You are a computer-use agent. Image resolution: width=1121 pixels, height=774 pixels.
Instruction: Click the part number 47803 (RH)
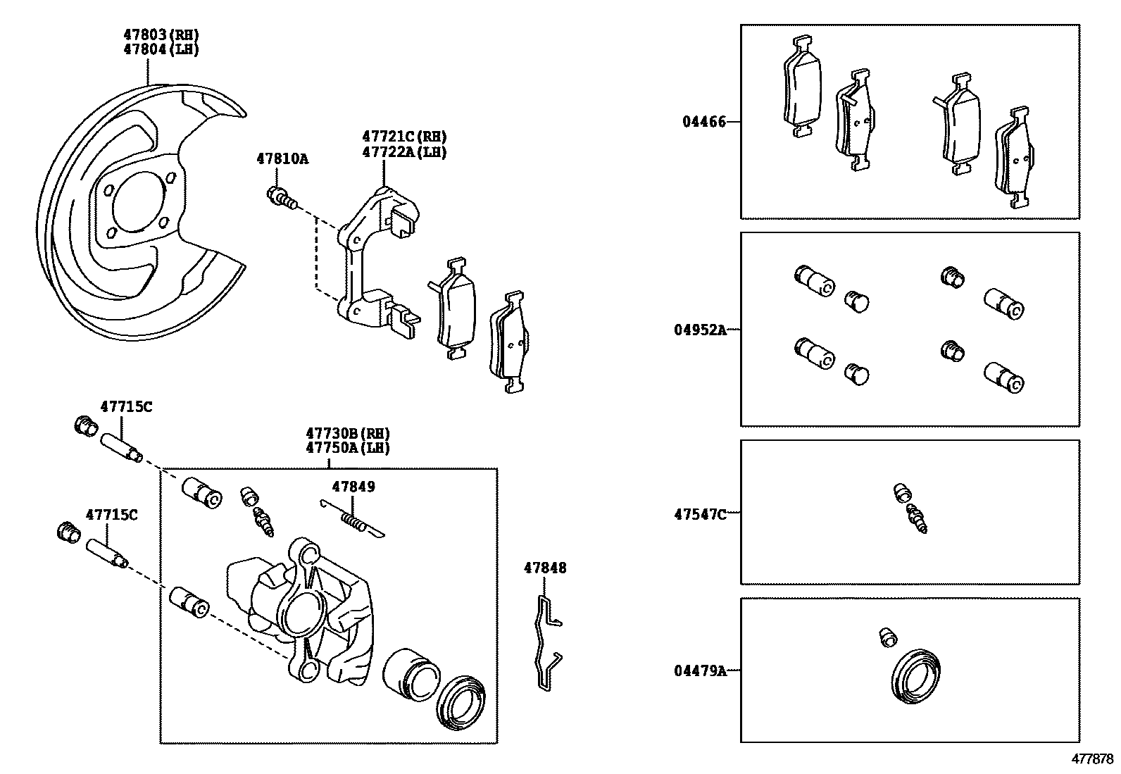pos(161,35)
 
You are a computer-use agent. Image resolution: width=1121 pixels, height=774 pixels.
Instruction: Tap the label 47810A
pos(282,159)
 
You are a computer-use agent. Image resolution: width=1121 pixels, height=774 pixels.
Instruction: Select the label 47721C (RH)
pos(404,137)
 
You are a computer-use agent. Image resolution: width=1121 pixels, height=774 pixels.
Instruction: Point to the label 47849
pos(353,487)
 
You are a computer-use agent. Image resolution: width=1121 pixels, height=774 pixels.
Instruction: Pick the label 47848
pos(545,568)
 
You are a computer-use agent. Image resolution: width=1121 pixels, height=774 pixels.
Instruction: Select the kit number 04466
pos(703,122)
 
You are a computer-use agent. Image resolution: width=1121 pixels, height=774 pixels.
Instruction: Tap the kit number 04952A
pos(700,329)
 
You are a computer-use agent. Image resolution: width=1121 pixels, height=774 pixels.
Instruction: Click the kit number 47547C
pos(700,513)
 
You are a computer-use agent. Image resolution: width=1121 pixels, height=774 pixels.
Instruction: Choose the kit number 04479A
pos(700,670)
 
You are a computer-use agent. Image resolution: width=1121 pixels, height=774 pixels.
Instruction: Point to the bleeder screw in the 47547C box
pos(917,518)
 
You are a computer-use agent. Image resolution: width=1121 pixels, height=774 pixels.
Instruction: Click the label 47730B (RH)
pos(348,434)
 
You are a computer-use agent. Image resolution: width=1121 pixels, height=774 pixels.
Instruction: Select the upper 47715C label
pos(126,406)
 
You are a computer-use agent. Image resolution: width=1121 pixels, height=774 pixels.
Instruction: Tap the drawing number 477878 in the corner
pos(1092,759)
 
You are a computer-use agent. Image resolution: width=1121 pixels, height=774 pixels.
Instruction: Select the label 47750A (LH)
pos(348,448)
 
